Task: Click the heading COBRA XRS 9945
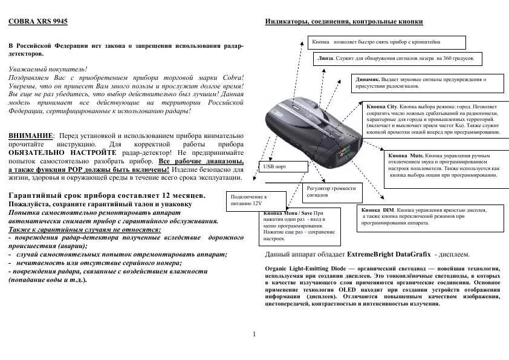[38, 21]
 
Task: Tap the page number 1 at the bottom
[254, 334]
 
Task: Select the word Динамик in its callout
[368, 79]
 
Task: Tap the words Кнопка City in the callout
[383, 106]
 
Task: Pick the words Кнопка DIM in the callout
[375, 209]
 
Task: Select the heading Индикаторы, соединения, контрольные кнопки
[344, 22]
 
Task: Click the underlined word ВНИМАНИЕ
[31, 136]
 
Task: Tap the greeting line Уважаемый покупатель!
[48, 70]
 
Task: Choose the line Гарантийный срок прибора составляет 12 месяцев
[107, 195]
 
